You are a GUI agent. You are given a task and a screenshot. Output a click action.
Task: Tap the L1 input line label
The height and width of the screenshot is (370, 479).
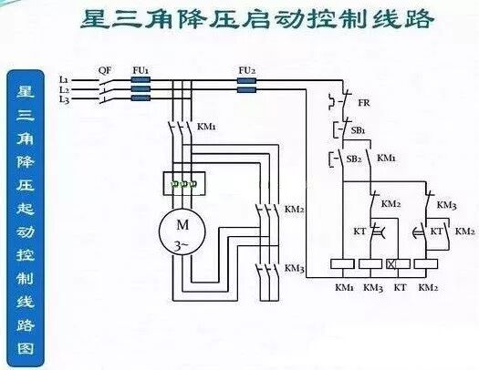[x=63, y=80]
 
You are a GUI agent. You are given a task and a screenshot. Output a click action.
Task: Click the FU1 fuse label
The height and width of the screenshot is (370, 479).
[x=141, y=70]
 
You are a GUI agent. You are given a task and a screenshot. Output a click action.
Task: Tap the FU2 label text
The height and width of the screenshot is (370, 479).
[x=246, y=70]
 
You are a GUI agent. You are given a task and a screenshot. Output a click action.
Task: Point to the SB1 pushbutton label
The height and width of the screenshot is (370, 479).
[x=359, y=131]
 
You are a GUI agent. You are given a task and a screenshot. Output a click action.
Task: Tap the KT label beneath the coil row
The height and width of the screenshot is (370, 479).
[x=399, y=288]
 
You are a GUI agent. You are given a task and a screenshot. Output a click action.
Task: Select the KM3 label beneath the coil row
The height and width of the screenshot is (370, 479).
[x=371, y=288]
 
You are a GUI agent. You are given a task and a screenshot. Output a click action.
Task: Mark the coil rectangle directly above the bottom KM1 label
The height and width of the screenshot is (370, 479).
[x=344, y=264]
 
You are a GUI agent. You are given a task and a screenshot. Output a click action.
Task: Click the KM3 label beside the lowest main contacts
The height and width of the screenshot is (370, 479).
[x=294, y=268]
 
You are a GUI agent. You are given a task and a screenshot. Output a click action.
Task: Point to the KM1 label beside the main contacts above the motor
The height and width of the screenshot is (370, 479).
[x=207, y=127]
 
